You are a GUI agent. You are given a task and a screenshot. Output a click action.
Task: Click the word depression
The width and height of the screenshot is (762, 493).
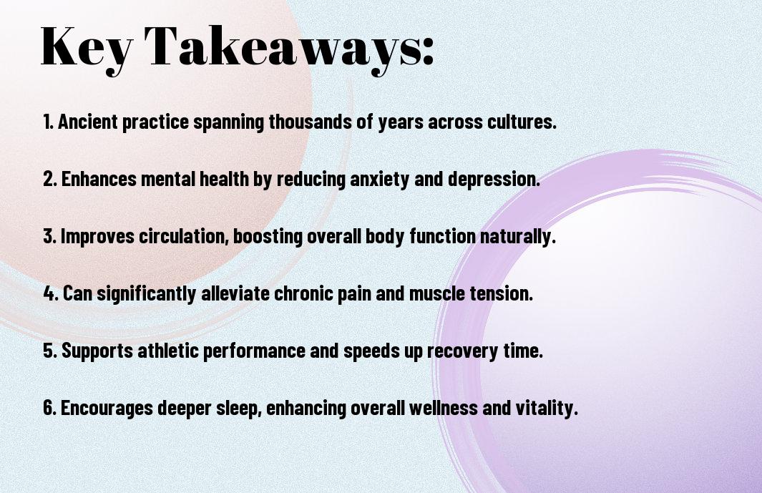click(494, 180)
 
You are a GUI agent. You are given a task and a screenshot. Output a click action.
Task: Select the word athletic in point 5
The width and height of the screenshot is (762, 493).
click(167, 350)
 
